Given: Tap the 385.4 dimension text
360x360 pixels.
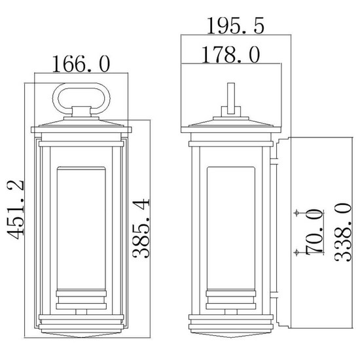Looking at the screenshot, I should (142, 228).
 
